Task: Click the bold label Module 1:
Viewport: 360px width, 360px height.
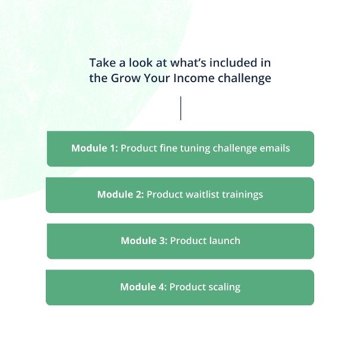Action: click(x=95, y=148)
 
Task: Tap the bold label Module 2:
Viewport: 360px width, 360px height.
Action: click(x=121, y=195)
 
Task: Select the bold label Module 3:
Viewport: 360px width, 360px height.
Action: click(x=144, y=240)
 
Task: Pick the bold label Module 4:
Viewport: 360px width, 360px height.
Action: click(x=143, y=287)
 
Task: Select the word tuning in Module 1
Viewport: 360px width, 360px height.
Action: click(x=195, y=149)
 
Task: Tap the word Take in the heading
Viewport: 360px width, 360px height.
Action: click(x=102, y=63)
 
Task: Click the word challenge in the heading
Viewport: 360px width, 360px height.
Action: click(x=245, y=79)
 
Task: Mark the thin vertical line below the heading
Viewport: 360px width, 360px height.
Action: click(x=181, y=108)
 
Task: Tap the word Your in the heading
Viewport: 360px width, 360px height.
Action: click(x=157, y=78)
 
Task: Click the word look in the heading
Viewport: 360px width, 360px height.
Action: click(x=140, y=63)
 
